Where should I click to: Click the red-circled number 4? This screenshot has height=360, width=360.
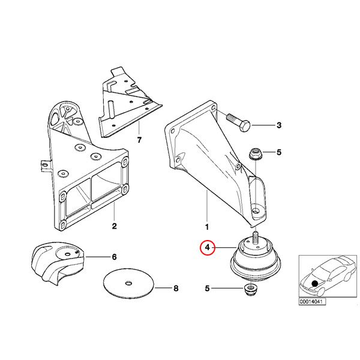point(208,248)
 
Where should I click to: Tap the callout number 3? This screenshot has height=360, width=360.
point(279,125)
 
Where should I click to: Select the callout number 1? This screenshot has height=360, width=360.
point(207,227)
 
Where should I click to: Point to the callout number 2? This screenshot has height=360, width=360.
point(115,226)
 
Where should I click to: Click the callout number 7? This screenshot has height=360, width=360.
point(139,140)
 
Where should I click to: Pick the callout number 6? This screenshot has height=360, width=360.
point(114,257)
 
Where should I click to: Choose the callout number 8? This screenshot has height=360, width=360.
point(176,288)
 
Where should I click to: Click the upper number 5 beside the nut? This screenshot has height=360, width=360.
point(279,152)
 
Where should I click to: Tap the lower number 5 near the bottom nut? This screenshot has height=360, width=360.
point(208,288)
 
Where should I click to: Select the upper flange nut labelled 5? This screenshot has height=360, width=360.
point(255,154)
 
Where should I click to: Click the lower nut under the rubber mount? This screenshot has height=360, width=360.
point(250,290)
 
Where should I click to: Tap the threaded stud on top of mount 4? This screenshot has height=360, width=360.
point(256,237)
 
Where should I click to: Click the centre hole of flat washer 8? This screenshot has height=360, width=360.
point(128,283)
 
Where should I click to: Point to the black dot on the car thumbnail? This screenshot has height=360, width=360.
point(314,284)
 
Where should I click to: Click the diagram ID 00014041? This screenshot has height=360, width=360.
point(312,301)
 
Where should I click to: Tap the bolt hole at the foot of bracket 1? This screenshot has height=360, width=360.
point(256,211)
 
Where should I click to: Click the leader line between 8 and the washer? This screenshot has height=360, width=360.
point(163,288)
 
